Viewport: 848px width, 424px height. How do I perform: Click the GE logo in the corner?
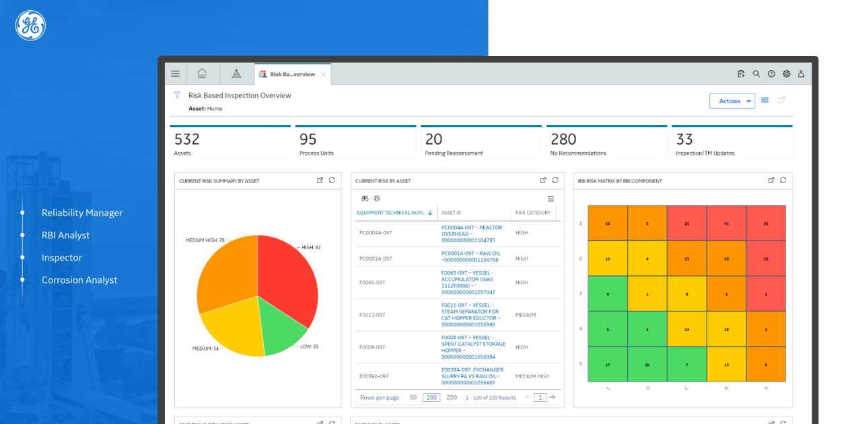30,26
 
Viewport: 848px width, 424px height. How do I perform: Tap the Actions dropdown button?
732,101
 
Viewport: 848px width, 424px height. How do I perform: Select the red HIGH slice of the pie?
286,276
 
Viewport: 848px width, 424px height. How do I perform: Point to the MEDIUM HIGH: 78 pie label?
205,240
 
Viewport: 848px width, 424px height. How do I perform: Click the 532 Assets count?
187,139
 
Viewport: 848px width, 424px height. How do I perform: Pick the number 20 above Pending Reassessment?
434,139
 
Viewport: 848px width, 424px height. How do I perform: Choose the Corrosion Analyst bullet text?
79,280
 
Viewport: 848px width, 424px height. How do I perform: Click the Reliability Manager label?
82,213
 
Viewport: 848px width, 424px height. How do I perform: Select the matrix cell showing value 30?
647,365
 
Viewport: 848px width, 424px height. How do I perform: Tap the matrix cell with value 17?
608,365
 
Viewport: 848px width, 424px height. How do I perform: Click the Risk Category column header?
533,213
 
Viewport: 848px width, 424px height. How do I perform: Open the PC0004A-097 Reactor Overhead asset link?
471,234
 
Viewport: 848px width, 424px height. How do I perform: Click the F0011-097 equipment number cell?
372,315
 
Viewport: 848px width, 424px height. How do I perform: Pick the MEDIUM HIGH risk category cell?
532,376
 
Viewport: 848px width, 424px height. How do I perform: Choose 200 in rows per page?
452,398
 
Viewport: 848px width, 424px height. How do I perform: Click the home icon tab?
202,74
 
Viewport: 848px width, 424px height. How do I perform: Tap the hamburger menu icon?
175,74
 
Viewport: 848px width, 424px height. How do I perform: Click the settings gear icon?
786,74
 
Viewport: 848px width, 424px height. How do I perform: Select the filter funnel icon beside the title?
177,95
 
